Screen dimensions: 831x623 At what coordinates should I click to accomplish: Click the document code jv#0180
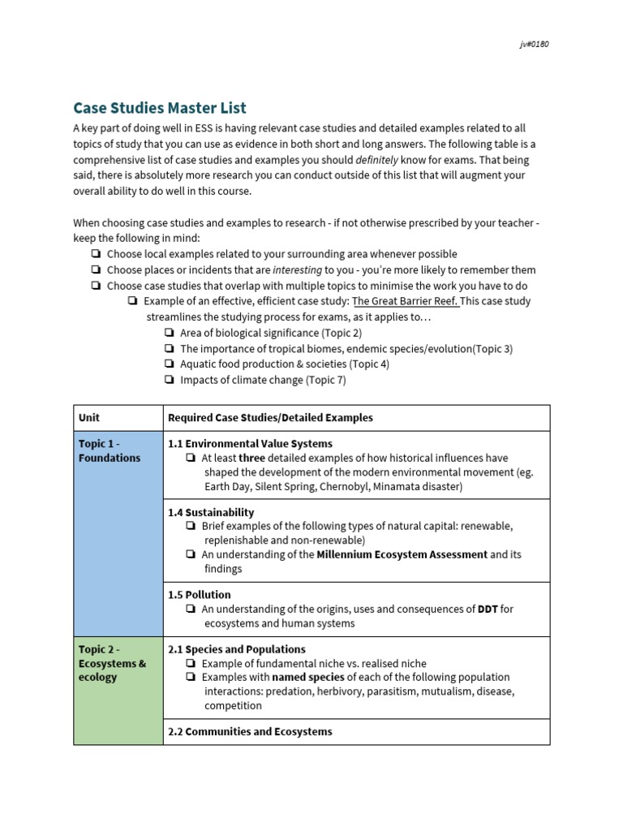coord(534,44)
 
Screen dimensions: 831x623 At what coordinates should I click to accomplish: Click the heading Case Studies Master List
coord(160,107)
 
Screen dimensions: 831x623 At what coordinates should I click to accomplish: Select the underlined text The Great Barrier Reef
coord(406,301)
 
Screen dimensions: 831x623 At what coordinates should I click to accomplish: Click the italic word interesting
coord(297,269)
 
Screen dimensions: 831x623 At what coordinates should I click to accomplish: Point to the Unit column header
coord(89,418)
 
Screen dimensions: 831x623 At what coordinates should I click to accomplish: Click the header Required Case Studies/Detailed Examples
coord(270,418)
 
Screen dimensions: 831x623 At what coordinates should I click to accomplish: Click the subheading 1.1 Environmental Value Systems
coord(250,444)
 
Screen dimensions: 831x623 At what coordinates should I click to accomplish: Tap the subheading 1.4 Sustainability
coord(211,512)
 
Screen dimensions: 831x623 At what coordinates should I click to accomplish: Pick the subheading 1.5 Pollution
coord(199,595)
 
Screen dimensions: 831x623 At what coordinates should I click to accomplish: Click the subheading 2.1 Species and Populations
coord(237,649)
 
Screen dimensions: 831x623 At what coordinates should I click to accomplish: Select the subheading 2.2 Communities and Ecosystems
coord(250,732)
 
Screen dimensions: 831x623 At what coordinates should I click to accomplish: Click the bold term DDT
coord(488,609)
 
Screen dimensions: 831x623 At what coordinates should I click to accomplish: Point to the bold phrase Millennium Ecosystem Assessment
coord(402,554)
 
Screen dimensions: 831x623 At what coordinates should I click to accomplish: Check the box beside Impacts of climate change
coord(169,380)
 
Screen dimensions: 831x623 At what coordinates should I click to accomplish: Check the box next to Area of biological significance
coord(169,333)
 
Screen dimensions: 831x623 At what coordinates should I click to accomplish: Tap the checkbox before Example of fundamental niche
coord(190,663)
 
